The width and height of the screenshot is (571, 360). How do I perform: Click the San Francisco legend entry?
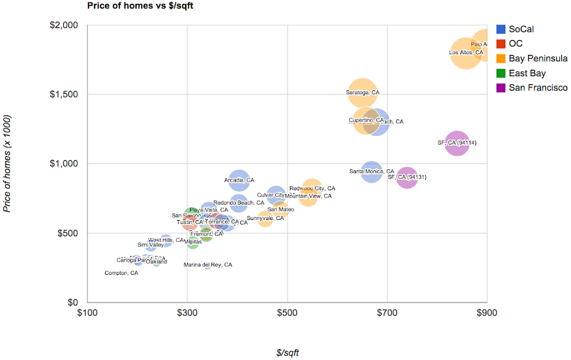tap(531, 87)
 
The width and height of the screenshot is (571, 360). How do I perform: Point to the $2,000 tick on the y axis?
tap(67, 25)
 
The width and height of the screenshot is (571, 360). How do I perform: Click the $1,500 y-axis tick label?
tap(67, 94)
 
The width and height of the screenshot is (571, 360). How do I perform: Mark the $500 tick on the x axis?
tap(287, 313)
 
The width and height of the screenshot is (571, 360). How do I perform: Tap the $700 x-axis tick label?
tap(387, 313)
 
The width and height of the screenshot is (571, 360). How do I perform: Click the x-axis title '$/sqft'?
tap(287, 353)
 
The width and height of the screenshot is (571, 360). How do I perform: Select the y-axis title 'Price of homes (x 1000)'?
tap(7, 163)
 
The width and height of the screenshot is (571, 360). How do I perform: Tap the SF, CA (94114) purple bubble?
tap(457, 142)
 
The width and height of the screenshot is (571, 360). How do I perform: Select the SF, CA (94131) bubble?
tap(407, 178)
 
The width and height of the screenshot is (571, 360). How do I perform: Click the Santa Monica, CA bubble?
tap(371, 171)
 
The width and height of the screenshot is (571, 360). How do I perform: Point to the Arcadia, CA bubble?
tap(240, 180)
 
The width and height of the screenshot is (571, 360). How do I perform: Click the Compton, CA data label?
tap(121, 273)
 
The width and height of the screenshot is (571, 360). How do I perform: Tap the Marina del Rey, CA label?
tap(208, 265)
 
